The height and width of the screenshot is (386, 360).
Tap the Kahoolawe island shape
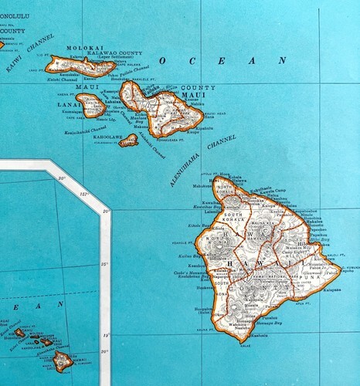(x=128, y=141)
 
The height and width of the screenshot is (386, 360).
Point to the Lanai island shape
(x=90, y=105)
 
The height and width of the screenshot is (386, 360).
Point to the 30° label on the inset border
(x=62, y=178)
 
